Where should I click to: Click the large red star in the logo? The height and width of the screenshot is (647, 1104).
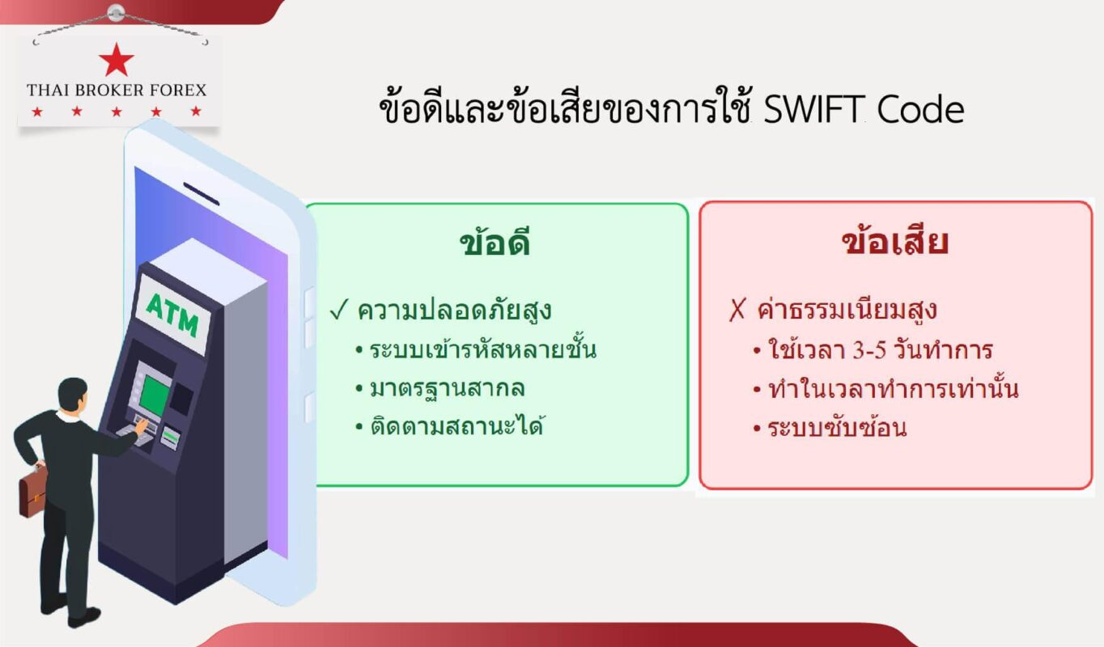pyautogui.click(x=117, y=60)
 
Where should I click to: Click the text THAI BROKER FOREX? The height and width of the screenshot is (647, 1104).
pyautogui.click(x=117, y=90)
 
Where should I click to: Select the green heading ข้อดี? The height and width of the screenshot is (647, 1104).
pyautogui.click(x=495, y=243)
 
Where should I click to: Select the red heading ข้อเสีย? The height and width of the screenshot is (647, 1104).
pyautogui.click(x=895, y=243)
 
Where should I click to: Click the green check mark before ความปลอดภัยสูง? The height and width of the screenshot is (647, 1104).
pyautogui.click(x=339, y=311)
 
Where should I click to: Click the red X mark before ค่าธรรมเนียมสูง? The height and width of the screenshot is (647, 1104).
pyautogui.click(x=737, y=311)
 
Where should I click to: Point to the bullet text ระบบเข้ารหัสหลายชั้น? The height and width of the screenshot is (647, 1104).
pyautogui.click(x=483, y=350)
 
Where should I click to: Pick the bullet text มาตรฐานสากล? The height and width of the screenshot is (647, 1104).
pyautogui.click(x=448, y=388)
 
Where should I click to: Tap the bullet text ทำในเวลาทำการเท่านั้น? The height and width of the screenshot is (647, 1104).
pyautogui.click(x=893, y=389)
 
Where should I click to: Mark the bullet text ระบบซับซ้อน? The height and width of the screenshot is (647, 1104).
pyautogui.click(x=837, y=427)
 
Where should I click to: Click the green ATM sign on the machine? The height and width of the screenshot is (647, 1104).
pyautogui.click(x=172, y=315)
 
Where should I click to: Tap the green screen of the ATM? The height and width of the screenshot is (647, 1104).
pyautogui.click(x=154, y=394)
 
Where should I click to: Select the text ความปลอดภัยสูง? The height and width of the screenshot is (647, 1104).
pyautogui.click(x=455, y=311)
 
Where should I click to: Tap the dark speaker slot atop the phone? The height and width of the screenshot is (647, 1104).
pyautogui.click(x=201, y=192)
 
